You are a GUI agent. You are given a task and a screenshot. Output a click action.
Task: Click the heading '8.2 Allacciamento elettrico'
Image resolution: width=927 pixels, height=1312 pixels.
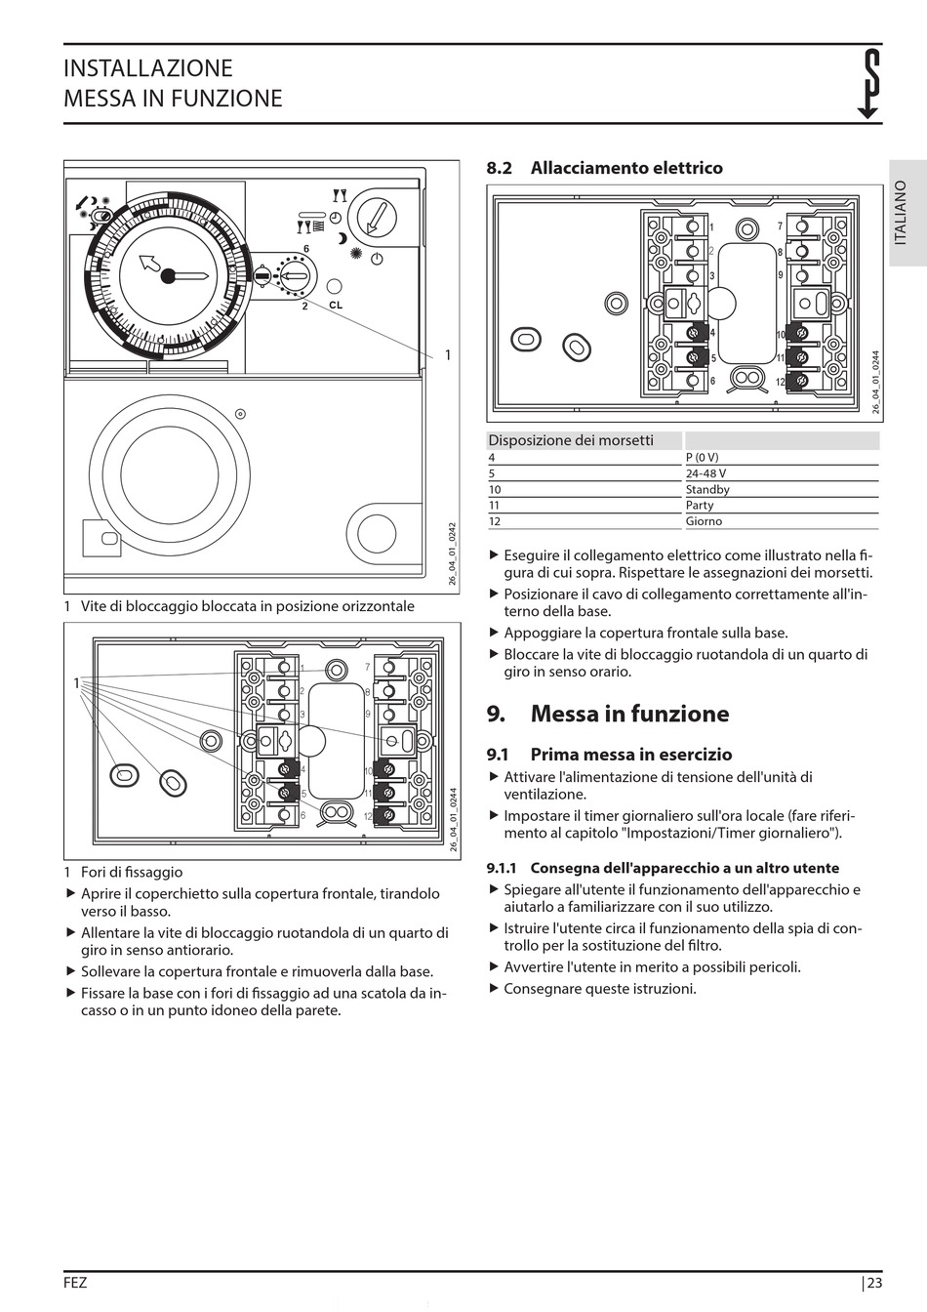pos(605,168)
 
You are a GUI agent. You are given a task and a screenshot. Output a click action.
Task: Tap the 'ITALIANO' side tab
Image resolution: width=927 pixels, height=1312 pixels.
pos(900,212)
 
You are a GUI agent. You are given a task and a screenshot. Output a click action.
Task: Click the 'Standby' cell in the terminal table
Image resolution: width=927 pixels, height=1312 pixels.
pos(707,489)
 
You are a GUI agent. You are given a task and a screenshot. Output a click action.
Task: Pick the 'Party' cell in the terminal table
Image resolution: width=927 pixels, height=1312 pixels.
pos(700,505)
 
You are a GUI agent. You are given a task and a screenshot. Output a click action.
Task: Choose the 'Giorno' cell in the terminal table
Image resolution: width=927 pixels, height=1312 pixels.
pos(704,521)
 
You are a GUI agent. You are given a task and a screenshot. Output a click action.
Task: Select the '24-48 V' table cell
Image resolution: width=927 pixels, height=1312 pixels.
pos(705,473)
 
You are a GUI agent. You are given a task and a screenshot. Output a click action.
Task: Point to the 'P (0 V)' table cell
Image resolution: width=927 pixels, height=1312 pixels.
pos(702,457)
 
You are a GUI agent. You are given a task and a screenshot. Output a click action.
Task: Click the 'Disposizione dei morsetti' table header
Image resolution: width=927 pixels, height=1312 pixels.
pos(571,440)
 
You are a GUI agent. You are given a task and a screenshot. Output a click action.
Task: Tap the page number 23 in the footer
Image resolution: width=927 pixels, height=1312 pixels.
pos(873,1284)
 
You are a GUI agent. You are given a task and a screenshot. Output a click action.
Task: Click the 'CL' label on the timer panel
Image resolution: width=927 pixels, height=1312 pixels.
pos(336,306)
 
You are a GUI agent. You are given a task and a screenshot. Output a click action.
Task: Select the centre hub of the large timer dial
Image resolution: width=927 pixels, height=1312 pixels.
pos(168,276)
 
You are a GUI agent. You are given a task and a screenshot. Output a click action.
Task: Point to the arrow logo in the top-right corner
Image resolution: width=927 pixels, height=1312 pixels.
pos(868,84)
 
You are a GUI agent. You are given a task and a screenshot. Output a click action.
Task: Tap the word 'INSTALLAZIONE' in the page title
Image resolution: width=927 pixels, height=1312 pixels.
pos(148,68)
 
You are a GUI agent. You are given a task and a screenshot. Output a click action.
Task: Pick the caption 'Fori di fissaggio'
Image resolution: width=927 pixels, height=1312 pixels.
pos(132,872)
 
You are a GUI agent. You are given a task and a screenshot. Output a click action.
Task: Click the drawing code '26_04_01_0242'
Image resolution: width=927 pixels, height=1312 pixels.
pos(453,554)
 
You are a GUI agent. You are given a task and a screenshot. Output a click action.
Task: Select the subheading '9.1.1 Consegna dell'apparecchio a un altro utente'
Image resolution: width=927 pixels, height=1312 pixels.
pos(663,868)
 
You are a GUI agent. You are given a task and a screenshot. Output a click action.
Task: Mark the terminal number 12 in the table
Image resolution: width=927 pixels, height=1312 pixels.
pos(495,521)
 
